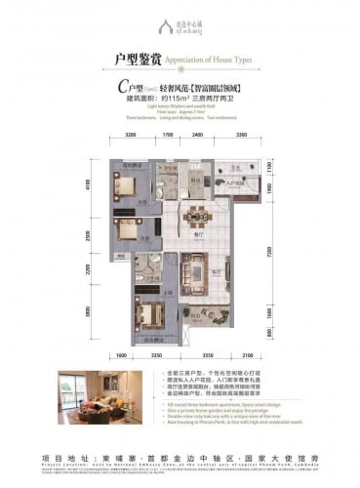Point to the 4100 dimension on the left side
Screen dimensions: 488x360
coord(87,183)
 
